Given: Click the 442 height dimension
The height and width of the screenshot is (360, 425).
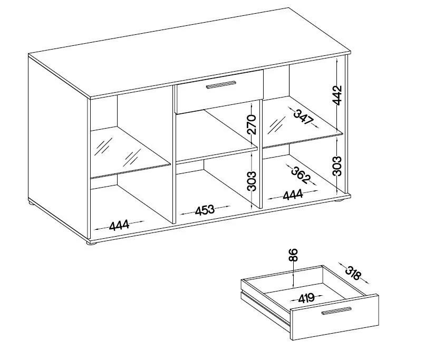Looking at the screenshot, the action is click(337, 95).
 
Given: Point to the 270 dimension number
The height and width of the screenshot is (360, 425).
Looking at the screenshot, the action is click(252, 124).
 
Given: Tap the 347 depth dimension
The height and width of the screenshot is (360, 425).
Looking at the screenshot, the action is click(304, 117).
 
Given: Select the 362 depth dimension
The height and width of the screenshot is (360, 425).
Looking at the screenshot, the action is click(301, 174).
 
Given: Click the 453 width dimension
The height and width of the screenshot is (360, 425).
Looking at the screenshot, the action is click(205, 211).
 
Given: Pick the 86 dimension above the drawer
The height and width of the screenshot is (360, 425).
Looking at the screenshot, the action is click(294, 255).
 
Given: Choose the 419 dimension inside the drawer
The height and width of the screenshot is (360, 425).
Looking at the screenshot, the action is click(306, 298).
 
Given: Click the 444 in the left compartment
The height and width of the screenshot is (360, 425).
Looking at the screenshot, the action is click(119, 225).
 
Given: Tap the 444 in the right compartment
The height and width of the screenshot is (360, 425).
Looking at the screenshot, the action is click(293, 194).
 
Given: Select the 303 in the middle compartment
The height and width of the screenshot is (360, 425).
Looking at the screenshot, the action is click(252, 181).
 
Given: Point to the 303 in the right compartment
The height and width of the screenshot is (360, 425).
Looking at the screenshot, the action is click(337, 166).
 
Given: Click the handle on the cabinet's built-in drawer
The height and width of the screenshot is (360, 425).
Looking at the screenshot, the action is click(221, 84).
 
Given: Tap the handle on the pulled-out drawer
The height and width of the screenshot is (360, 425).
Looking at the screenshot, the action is click(336, 310).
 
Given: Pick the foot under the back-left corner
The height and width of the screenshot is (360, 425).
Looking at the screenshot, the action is click(32, 202).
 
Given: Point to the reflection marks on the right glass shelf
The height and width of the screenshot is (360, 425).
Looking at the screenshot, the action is click(277, 125).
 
